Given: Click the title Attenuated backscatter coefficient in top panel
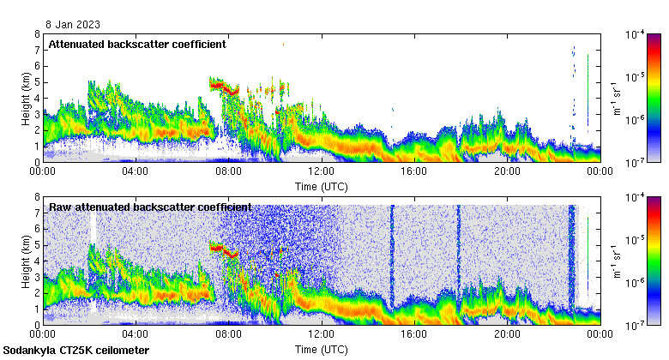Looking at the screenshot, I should pos(137,44).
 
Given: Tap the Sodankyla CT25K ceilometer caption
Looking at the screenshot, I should pos(76,351).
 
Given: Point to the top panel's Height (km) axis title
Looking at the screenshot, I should pos(26,98).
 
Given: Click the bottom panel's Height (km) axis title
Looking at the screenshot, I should pos(26,261).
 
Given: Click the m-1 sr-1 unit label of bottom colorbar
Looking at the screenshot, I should pos(615,261).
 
